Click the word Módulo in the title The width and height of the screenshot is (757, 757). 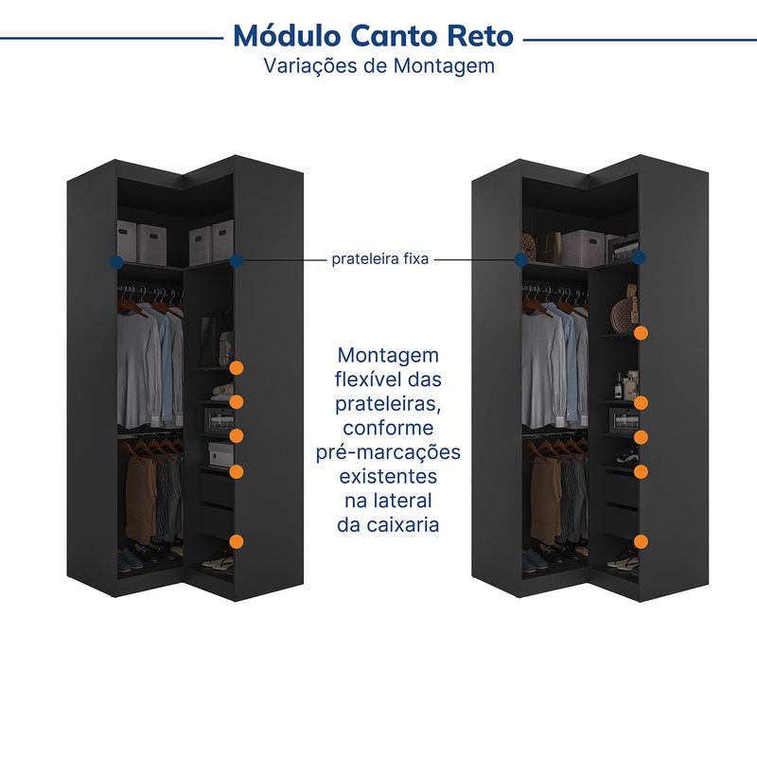coord(287,36)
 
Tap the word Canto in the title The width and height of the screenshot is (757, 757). coord(394,36)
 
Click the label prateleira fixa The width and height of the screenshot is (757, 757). coord(380,259)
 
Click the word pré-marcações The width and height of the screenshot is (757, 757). coord(388,452)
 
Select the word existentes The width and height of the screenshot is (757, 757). coord(388,477)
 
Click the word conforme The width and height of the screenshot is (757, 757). coord(388,429)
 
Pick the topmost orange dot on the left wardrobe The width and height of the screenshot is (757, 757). coord(236,368)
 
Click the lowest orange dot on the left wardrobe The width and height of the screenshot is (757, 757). coord(236,541)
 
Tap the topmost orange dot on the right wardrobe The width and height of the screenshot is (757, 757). coord(641,333)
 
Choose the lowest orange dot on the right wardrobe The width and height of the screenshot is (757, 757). coord(641,541)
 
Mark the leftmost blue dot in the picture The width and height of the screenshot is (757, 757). coord(116,262)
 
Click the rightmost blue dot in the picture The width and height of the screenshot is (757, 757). coord(639,257)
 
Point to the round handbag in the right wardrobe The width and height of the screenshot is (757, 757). coord(623,316)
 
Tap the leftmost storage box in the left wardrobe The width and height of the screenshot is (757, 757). coord(127,240)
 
